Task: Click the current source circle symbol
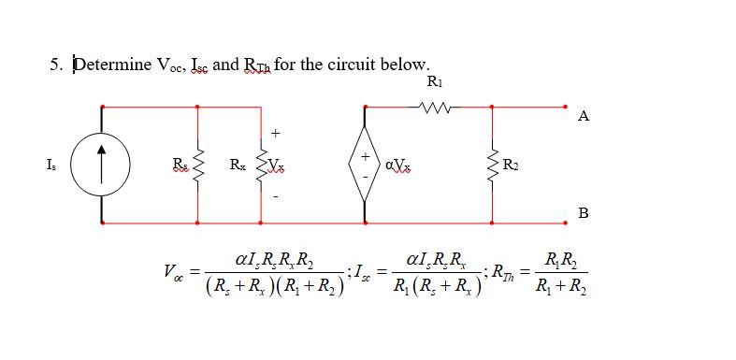(x=100, y=166)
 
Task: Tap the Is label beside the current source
(x=50, y=166)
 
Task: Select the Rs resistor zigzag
(x=197, y=166)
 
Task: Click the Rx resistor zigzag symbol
(x=262, y=166)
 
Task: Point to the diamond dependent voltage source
(x=365, y=166)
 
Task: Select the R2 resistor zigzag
(x=492, y=166)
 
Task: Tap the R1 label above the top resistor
(x=435, y=82)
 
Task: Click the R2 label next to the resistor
(x=511, y=166)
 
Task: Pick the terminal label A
(x=584, y=116)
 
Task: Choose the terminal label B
(x=584, y=212)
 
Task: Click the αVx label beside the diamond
(x=397, y=166)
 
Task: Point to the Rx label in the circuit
(x=238, y=166)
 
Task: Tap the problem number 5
(x=54, y=65)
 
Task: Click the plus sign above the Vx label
(x=276, y=132)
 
